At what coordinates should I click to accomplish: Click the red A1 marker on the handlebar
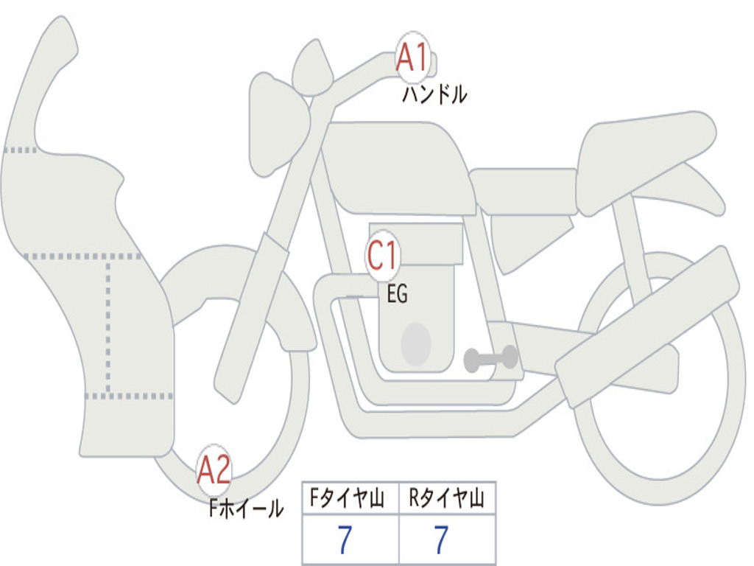[x=412, y=57]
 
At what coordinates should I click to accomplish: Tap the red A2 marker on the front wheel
[x=214, y=469]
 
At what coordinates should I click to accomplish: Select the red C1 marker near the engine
[x=383, y=255]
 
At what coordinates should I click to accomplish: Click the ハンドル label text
[x=434, y=94]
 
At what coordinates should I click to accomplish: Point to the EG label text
[x=398, y=293]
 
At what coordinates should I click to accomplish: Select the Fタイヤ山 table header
[x=347, y=497]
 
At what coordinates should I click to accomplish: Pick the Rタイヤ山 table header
[x=447, y=497]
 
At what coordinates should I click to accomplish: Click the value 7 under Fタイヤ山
[x=345, y=540]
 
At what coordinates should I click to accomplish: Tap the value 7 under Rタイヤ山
[x=442, y=540]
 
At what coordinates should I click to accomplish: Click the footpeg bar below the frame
[x=490, y=358]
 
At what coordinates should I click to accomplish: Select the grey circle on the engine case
[x=416, y=344]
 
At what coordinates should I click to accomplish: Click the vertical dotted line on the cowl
[x=108, y=326]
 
